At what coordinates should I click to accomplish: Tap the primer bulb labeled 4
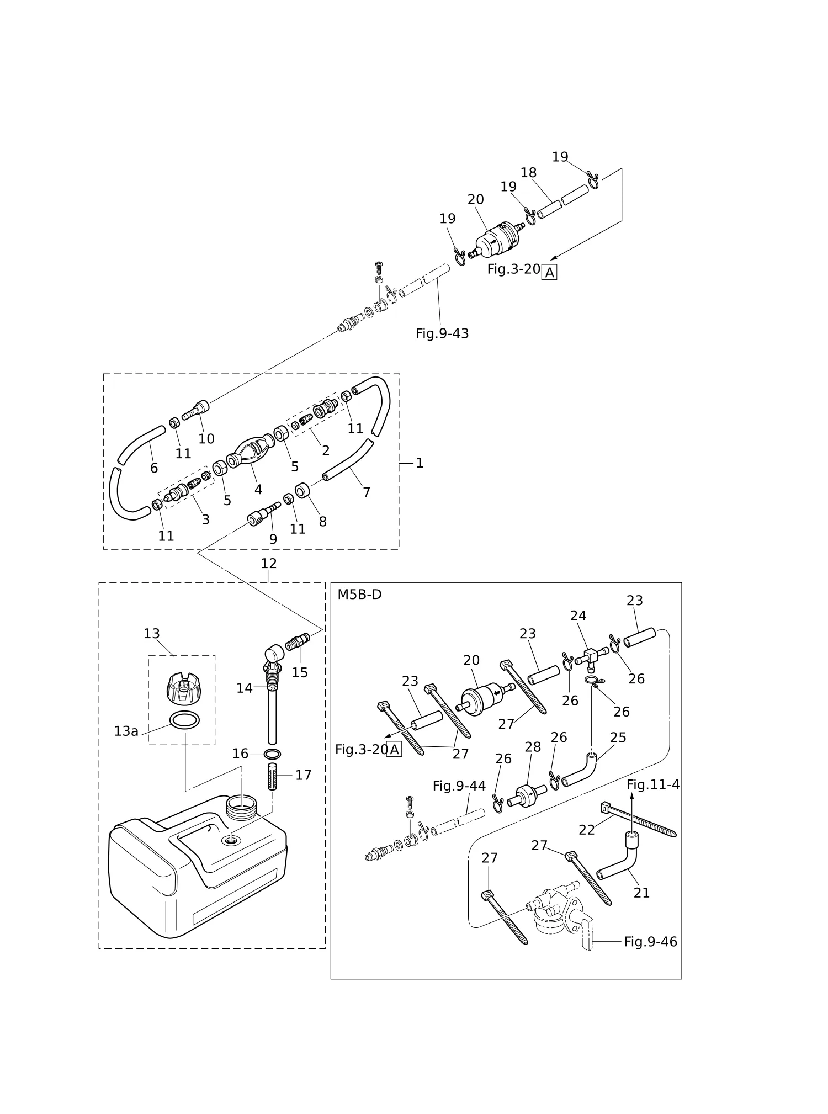tap(250, 450)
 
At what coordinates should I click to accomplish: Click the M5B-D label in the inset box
tap(359, 595)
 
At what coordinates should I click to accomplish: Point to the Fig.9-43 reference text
tap(442, 333)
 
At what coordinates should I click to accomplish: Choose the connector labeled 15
tap(299, 642)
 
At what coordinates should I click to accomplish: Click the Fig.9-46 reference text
tap(650, 942)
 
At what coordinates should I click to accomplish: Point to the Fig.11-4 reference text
tap(653, 784)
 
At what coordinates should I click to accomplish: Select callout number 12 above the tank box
tap(269, 564)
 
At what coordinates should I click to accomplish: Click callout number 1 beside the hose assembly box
tap(420, 463)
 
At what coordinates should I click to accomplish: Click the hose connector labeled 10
tap(196, 411)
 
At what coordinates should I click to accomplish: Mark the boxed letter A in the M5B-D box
tap(394, 750)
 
